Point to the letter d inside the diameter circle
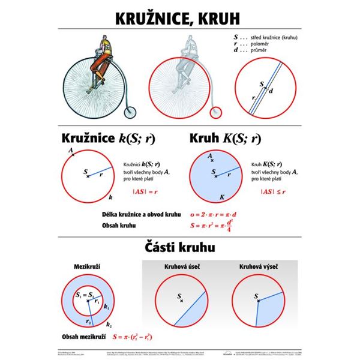271,91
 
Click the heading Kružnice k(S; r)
108,138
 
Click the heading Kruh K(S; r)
224,138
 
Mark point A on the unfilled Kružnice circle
72,154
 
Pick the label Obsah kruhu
120,226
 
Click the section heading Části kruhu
179,247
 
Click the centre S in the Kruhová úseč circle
179,297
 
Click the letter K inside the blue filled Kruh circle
221,196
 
